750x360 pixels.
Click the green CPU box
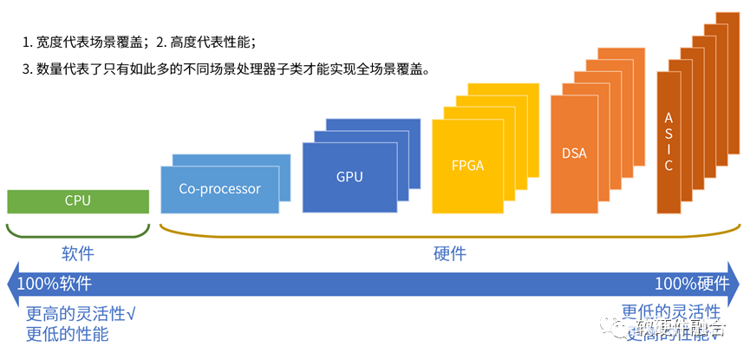(x=77, y=200)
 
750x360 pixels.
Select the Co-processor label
(x=219, y=188)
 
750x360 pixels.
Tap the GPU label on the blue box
(x=349, y=177)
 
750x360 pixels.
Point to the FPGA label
(x=466, y=164)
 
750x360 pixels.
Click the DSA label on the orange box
(x=574, y=154)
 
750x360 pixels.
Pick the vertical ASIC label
(x=668, y=141)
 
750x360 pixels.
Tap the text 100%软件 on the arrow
(x=55, y=284)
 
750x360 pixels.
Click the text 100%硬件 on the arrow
(x=691, y=284)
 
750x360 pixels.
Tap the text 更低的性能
(x=67, y=334)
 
